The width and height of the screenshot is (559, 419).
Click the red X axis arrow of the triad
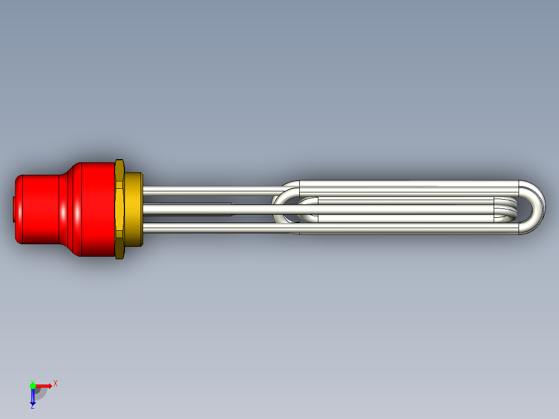[x=44, y=386]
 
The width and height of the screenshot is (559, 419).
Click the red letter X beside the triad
[x=55, y=383]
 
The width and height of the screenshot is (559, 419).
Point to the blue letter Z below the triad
[x=32, y=407]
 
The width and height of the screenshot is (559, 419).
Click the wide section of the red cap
[x=93, y=209]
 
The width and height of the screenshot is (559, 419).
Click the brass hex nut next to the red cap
[x=120, y=209]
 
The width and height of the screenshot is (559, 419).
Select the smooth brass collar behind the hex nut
[x=134, y=209]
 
